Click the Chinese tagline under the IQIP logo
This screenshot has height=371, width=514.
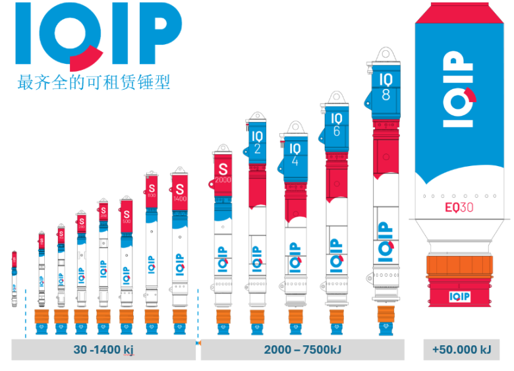coord(94,83)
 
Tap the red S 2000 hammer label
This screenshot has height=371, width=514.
coord(221,169)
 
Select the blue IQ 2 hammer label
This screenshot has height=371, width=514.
coord(257,142)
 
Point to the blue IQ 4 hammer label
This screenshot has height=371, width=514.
coord(295,154)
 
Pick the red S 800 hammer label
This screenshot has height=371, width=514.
coord(152,188)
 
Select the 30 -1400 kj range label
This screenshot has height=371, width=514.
coord(103,350)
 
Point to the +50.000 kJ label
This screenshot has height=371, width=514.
coord(461,350)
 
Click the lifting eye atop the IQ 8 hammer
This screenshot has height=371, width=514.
coord(385,55)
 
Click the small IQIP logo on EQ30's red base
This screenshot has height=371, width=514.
coord(462,297)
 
